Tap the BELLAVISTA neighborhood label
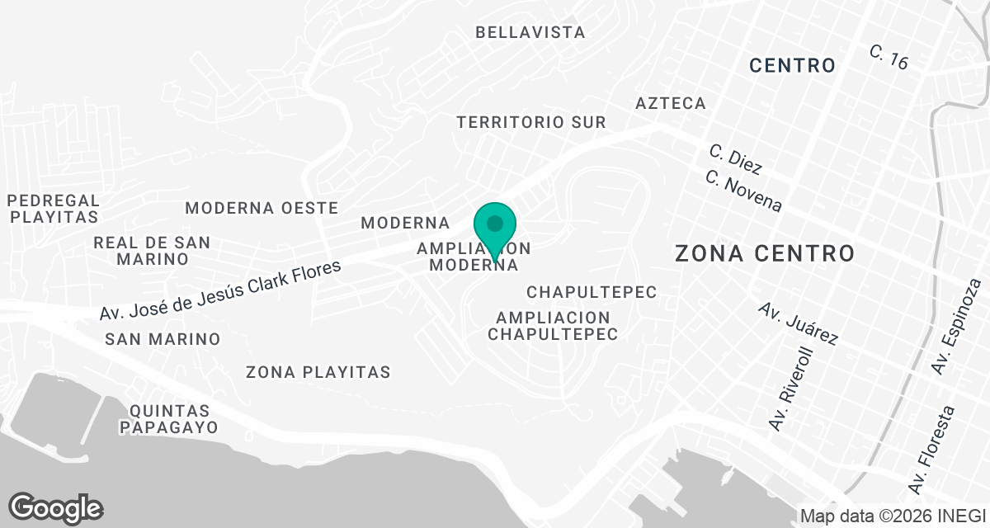(530, 33)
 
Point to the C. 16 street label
(889, 57)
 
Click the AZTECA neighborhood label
(671, 103)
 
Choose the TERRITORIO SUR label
(531, 122)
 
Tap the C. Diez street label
(734, 159)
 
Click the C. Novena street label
(743, 191)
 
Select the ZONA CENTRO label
(765, 253)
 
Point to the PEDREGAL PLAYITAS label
(53, 209)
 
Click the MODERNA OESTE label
(262, 207)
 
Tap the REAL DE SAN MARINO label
(152, 251)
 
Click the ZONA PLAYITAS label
(318, 372)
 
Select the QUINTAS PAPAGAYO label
(168, 419)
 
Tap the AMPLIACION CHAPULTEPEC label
(553, 326)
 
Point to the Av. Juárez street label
(798, 324)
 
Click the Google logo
(55, 507)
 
